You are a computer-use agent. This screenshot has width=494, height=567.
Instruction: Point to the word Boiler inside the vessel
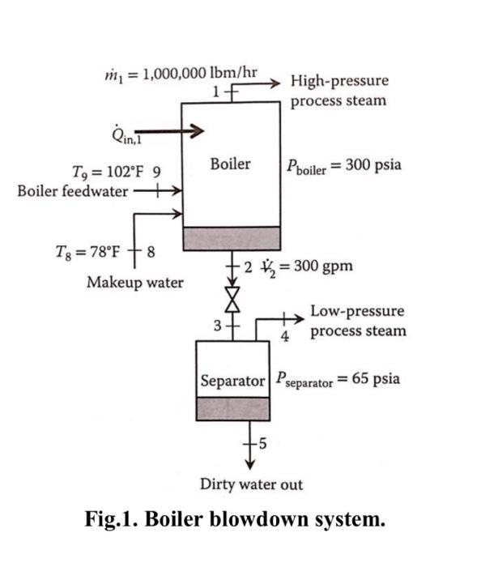pos(230,164)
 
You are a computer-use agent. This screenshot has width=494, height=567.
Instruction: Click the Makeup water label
pos(134,283)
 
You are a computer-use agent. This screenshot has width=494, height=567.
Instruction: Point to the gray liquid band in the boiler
pos(232,238)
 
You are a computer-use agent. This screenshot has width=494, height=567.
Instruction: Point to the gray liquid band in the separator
pos(232,409)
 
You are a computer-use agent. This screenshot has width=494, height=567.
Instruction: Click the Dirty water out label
pos(251,484)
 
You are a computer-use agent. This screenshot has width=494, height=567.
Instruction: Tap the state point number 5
pos(262,442)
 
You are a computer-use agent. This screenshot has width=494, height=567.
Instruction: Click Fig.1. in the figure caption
pos(114,519)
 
